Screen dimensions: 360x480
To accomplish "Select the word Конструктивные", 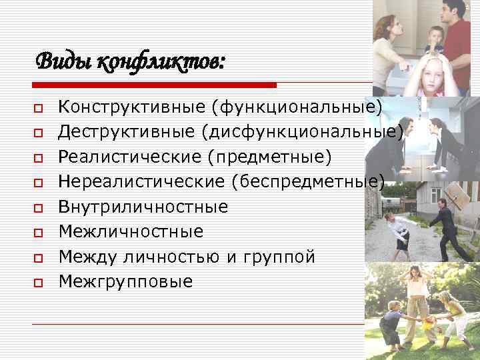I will pos(127,106).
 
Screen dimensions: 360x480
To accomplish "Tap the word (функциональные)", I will pos(291,106).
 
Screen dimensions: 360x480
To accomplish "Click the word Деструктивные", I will pos(126,131).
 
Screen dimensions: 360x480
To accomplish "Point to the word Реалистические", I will pos(127,156).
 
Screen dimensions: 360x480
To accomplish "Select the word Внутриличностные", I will pos(143,207).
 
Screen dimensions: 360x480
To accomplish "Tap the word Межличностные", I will pos(131,231).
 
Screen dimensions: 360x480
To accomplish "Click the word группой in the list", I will pos(279,257).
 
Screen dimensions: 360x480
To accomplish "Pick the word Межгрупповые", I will pos(125,281).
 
